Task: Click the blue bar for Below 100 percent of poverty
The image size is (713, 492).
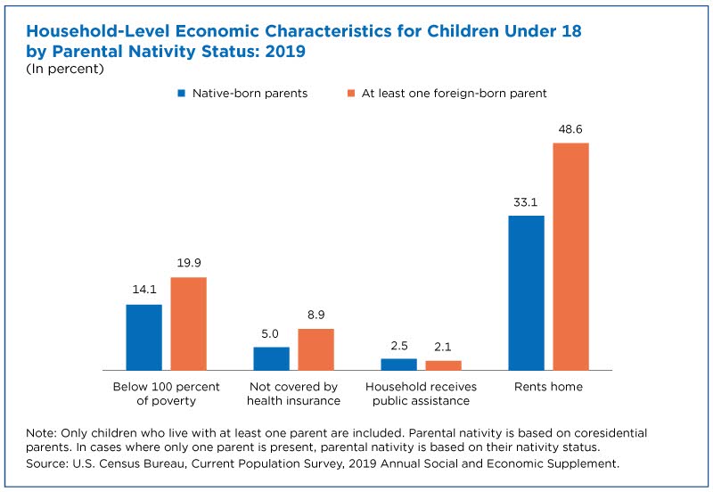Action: click(x=143, y=338)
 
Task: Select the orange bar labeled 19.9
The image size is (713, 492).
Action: click(x=189, y=324)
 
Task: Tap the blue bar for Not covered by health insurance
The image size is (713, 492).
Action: click(x=272, y=359)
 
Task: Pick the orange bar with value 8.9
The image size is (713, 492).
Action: click(x=316, y=349)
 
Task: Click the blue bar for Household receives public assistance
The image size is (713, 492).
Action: click(x=398, y=365)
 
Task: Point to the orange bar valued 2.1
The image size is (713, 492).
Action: click(x=443, y=365)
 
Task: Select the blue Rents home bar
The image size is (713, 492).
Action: click(x=526, y=293)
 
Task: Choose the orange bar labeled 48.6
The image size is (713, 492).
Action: click(x=570, y=257)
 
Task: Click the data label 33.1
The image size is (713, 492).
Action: click(x=525, y=202)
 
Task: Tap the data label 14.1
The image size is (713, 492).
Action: click(x=144, y=289)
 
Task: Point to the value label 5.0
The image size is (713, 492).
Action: click(x=270, y=333)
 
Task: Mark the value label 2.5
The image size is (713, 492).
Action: click(x=398, y=346)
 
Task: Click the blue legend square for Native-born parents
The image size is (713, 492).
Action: click(x=182, y=94)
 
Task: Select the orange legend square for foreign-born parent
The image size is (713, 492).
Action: click(x=350, y=94)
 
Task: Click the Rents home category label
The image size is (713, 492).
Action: click(x=548, y=387)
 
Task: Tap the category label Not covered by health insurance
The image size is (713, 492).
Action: click(x=294, y=394)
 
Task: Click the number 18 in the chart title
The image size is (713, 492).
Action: click(x=571, y=31)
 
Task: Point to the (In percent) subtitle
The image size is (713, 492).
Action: click(x=65, y=69)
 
